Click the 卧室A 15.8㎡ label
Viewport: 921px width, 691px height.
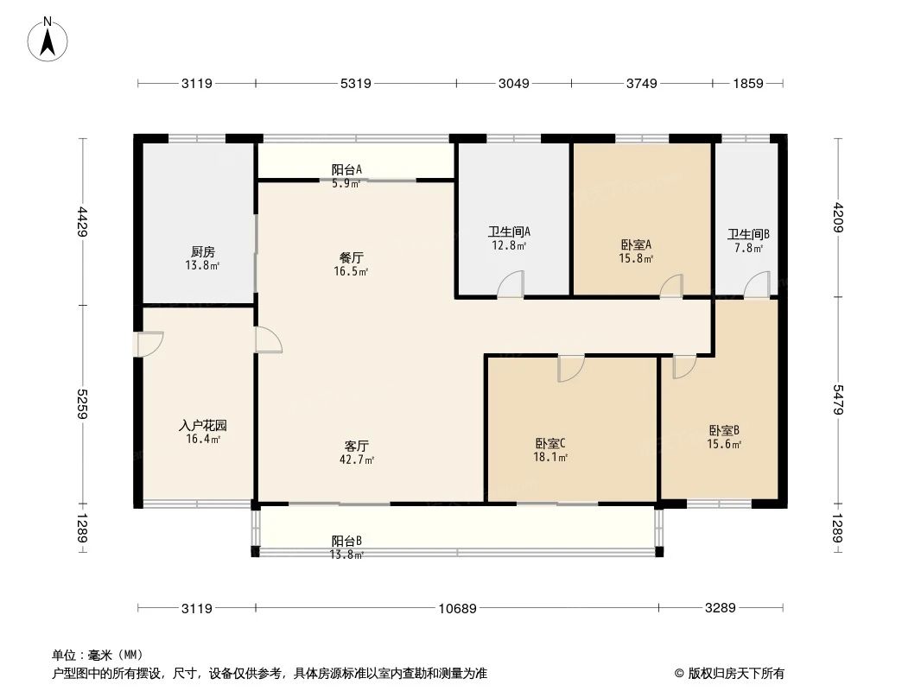tap(636, 250)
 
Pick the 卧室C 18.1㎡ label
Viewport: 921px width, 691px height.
tap(550, 450)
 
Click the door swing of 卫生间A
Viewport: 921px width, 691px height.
tap(511, 285)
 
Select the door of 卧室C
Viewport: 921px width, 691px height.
tap(570, 368)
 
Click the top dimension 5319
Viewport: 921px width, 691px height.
tap(356, 84)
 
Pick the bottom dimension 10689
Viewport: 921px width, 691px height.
tap(457, 608)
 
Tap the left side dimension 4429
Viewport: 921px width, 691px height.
tap(83, 221)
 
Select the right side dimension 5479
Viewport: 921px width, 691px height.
tap(837, 399)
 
